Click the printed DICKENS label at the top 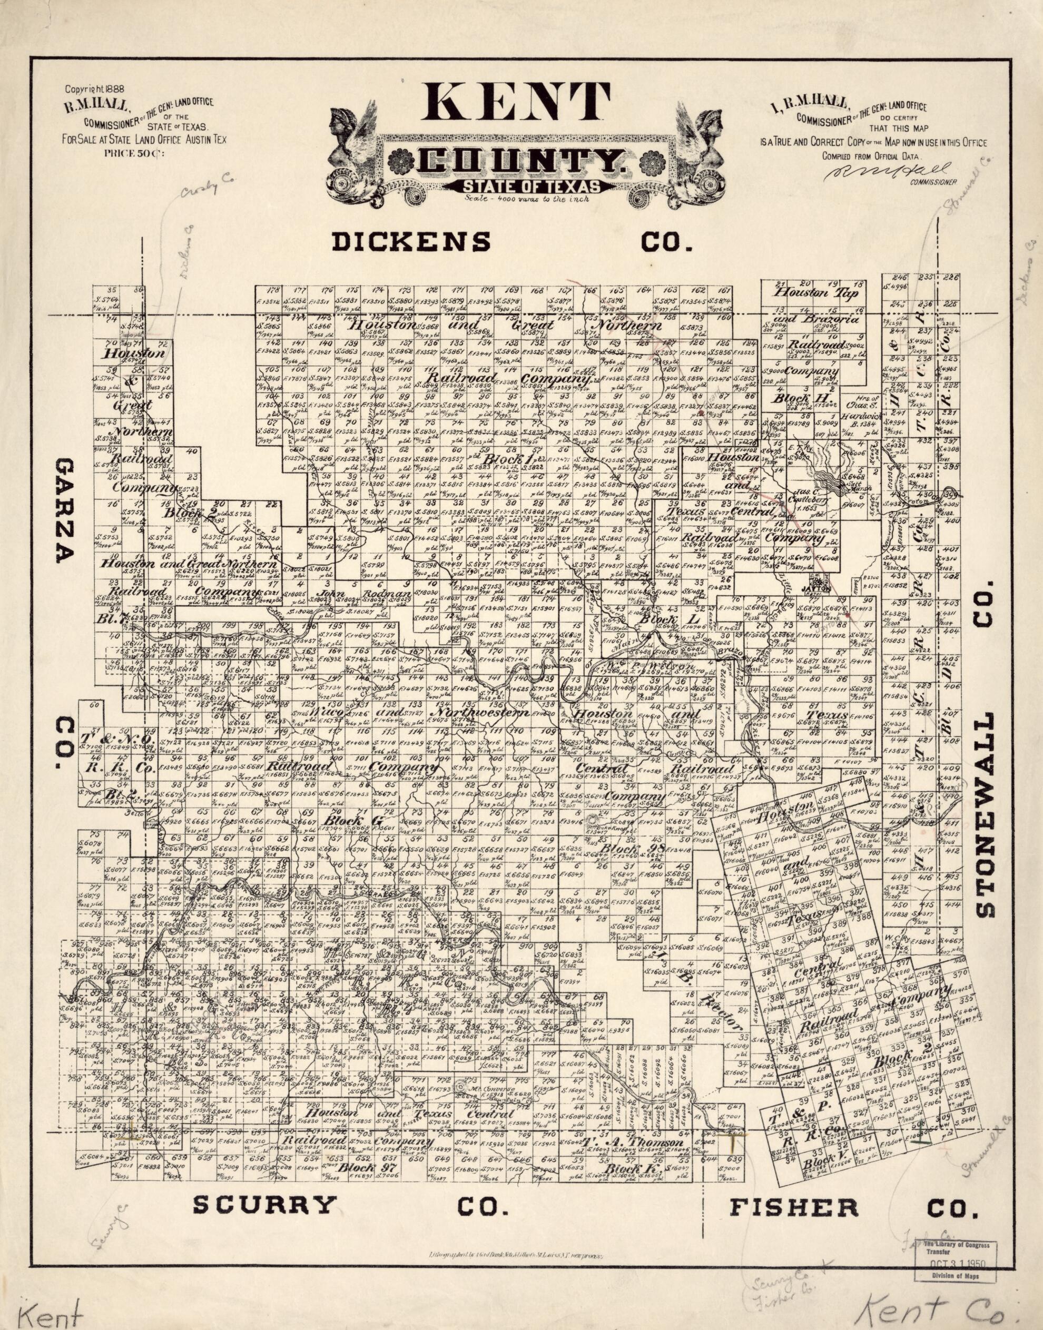(411, 242)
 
